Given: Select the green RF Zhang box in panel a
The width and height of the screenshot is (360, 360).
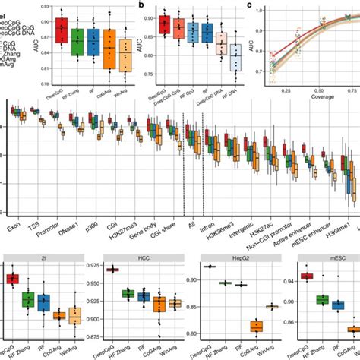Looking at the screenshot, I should coord(77,43).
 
